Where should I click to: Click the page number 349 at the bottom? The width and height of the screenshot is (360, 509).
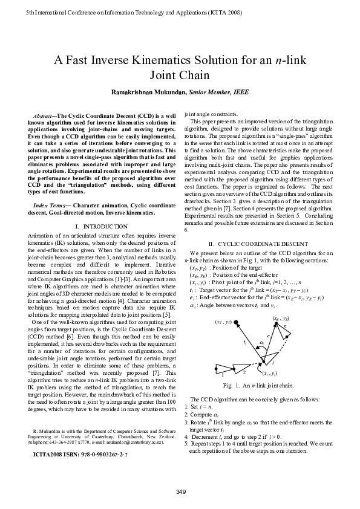tap(180, 490)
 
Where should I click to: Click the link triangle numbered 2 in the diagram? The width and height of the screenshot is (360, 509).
tap(244, 372)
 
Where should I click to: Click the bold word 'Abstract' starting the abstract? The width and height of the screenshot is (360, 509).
tap(45, 114)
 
